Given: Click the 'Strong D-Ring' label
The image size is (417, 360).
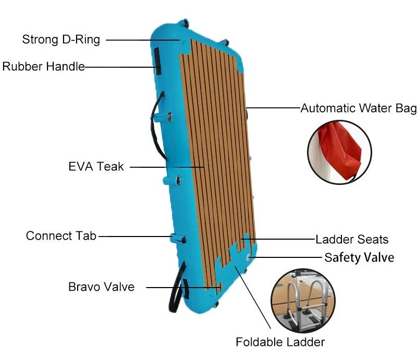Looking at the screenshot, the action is coord(61,40).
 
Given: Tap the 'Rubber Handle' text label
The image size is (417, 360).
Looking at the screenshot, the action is coord(44,67).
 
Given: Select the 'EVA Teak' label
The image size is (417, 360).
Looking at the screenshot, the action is coord(96,167).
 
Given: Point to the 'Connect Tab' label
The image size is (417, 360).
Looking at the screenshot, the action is coord(61,236).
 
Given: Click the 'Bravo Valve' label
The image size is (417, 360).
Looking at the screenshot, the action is coord(101,287).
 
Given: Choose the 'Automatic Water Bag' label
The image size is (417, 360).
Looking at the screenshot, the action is coord(359,108).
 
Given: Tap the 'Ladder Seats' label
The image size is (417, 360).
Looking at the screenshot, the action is coord(352,239).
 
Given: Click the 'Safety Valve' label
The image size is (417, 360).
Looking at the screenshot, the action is coord(359,258).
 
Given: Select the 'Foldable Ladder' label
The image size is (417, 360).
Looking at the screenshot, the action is coord(280,342).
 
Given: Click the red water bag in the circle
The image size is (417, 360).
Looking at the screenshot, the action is coord(340,150).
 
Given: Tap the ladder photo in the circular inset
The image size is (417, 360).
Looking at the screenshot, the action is coord(303,301).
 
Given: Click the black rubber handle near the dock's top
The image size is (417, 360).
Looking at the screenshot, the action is coord(157,61).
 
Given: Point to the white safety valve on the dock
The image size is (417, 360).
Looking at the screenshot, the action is coord(248,257).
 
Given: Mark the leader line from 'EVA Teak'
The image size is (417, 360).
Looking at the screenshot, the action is coord(167,167).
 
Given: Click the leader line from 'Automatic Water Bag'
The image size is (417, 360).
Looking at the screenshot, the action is coord(273,108).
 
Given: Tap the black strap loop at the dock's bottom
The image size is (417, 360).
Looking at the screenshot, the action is coord(176,287).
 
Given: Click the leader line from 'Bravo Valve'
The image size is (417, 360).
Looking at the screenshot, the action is coord(183,288).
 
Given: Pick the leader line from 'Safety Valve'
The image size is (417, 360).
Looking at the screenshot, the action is coord(285,257).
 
